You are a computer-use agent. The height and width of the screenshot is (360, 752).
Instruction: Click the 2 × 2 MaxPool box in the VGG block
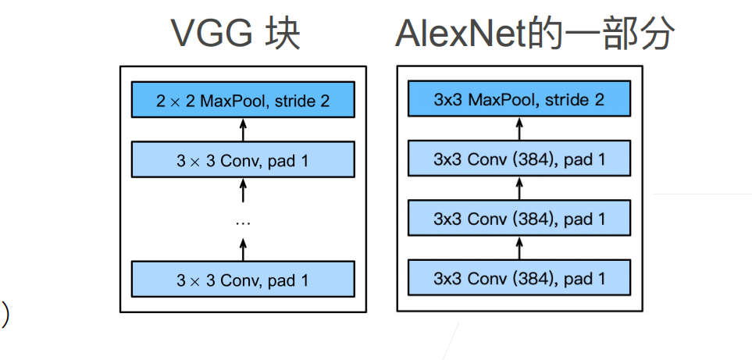[243, 99]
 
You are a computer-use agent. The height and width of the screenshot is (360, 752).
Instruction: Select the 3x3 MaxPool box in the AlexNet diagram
[519, 98]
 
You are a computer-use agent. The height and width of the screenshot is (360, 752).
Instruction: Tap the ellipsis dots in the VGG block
[243, 223]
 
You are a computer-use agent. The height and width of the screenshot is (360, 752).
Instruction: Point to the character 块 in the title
[283, 34]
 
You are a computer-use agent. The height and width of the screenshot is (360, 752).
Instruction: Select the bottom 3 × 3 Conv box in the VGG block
[243, 279]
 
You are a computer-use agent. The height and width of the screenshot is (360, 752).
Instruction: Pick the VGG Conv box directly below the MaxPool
[243, 159]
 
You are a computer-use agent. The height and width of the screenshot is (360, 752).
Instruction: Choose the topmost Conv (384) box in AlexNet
[519, 159]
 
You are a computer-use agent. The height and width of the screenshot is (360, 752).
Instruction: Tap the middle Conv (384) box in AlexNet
[519, 218]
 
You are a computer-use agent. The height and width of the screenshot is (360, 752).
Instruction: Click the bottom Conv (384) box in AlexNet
[519, 277]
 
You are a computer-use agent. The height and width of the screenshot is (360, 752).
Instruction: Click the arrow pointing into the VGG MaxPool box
[243, 130]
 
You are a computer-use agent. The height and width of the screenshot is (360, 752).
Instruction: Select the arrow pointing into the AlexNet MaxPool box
[519, 129]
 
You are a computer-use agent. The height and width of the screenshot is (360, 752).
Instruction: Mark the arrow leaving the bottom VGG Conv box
[243, 249]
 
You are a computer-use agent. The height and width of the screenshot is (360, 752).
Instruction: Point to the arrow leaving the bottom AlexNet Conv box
[519, 248]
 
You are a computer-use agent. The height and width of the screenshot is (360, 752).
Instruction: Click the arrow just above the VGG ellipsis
[243, 190]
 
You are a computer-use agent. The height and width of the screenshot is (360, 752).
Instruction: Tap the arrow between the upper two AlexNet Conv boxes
[519, 188]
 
